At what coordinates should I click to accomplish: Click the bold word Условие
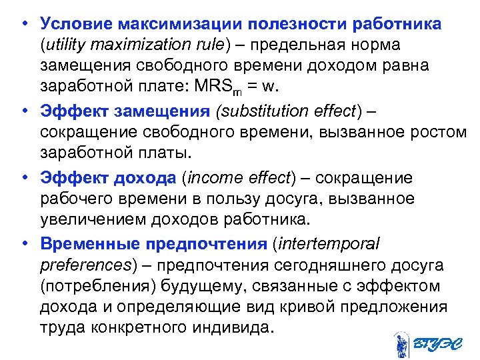click(x=75, y=24)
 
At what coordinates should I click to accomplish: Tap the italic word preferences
click(x=84, y=264)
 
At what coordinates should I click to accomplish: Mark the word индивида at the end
click(x=238, y=328)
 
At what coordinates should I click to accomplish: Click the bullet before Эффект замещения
click(x=23, y=110)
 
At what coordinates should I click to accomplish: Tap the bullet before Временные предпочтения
click(x=23, y=243)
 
